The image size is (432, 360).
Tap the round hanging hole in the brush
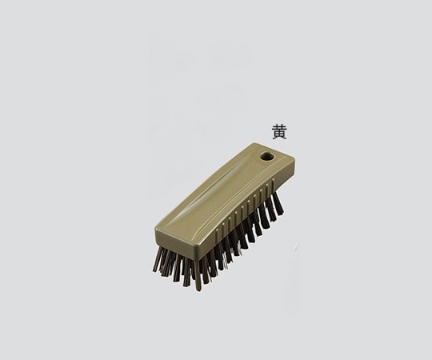[266, 157]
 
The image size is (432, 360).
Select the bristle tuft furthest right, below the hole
[276, 204]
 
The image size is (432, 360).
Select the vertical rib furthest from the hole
[210, 232]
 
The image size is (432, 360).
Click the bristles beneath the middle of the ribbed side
[236, 240]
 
